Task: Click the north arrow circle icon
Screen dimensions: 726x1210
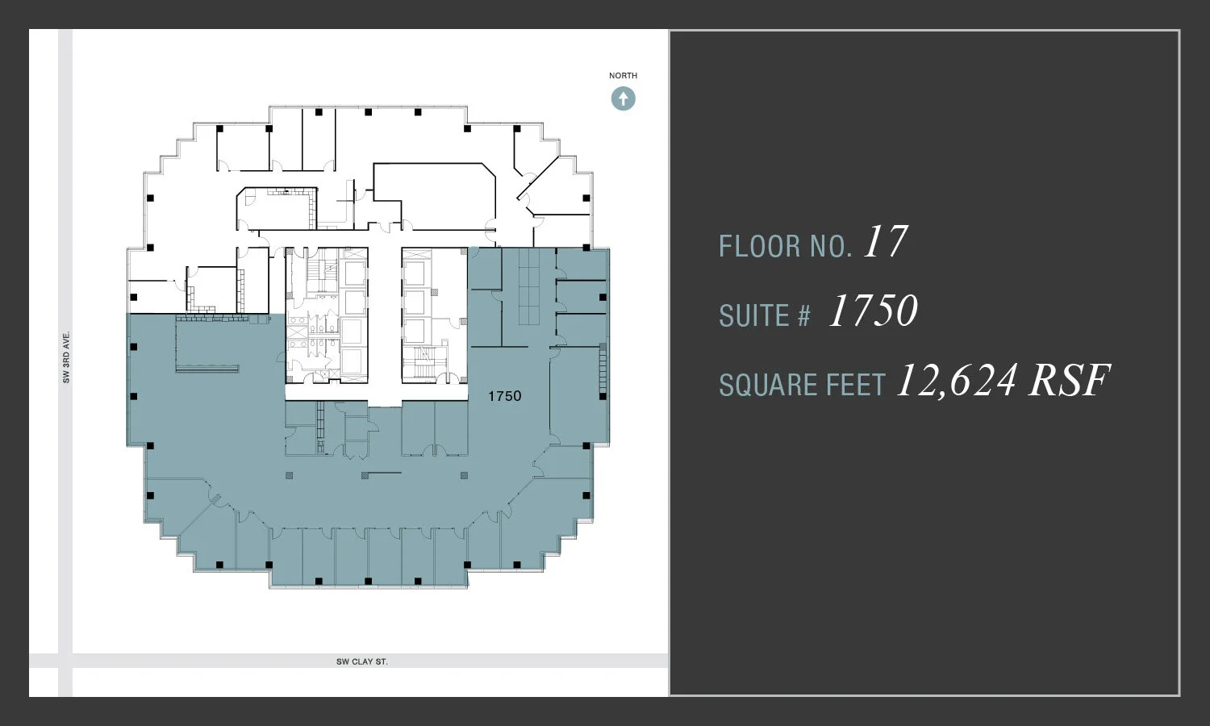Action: [x=623, y=98]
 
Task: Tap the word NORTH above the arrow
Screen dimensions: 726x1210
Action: [x=623, y=76]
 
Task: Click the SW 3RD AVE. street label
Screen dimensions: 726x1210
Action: [x=66, y=357]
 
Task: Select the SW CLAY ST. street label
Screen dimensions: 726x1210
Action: [x=362, y=661]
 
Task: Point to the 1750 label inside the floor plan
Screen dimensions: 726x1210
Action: [x=505, y=396]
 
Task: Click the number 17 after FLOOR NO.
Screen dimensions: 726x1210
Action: [x=885, y=242]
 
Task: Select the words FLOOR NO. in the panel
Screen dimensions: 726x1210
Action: [x=785, y=246]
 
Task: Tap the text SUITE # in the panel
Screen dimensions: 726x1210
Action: [x=764, y=315]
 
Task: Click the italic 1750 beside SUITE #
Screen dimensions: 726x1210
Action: [x=873, y=311]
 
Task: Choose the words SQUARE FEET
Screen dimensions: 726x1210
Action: [x=802, y=386]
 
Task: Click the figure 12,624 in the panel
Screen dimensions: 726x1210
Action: [x=956, y=381]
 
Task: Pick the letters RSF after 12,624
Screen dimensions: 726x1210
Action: [x=1069, y=381]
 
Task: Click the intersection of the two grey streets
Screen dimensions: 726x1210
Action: [x=65, y=661]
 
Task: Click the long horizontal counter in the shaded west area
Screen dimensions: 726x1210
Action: [x=207, y=369]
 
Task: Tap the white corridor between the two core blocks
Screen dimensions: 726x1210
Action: [x=385, y=323]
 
